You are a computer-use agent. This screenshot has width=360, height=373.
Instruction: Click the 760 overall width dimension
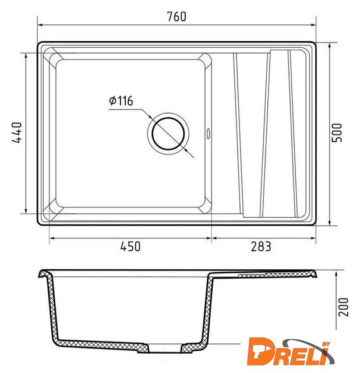[177, 16]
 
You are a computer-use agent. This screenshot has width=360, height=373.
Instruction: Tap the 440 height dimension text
[17, 133]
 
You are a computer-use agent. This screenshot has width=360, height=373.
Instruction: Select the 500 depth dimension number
[337, 132]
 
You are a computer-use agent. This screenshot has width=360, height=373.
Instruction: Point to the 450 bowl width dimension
[130, 247]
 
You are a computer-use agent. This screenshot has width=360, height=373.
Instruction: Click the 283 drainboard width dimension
[261, 247]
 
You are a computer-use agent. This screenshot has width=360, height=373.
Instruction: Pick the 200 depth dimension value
[343, 307]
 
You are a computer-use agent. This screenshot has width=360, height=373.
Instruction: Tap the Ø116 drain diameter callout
[121, 101]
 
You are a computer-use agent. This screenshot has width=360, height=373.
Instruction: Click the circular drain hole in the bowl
[168, 133]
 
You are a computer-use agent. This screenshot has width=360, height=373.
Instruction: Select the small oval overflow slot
[209, 133]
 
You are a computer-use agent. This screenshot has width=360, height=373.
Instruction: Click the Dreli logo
[291, 351]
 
